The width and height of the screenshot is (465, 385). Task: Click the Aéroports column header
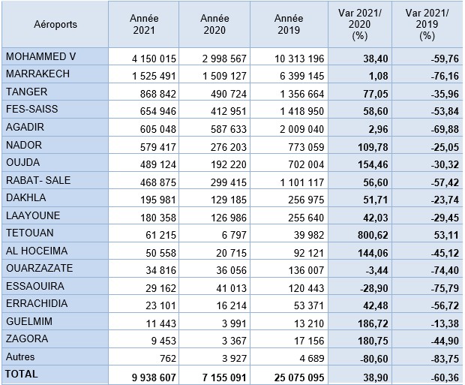pyautogui.click(x=55, y=24)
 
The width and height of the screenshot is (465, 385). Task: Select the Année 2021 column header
pyautogui.click(x=143, y=24)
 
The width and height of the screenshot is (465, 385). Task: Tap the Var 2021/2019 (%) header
pyautogui.click(x=427, y=24)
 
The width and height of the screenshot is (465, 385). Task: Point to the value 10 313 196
pyautogui.click(x=298, y=59)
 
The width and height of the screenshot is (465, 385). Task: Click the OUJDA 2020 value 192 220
pyautogui.click(x=228, y=163)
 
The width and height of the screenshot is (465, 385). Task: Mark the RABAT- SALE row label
pyautogui.click(x=37, y=180)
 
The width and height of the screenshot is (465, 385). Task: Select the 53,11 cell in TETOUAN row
pyautogui.click(x=442, y=233)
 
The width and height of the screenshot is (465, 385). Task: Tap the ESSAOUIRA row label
pyautogui.click(x=34, y=286)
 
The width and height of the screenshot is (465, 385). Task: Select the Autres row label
pyautogui.click(x=20, y=356)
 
